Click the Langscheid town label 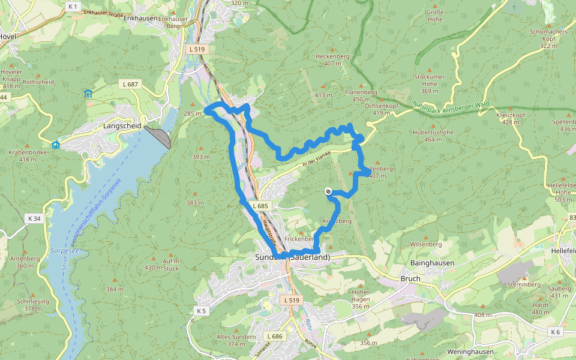(x=122, y=126)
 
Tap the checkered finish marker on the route (x=328, y=191)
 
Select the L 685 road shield (x=260, y=206)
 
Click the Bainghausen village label (x=432, y=263)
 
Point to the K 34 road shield (x=34, y=218)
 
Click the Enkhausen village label (x=140, y=19)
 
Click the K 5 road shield (x=200, y=311)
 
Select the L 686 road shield (x=274, y=337)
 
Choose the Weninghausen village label (x=470, y=352)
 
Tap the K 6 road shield (x=555, y=332)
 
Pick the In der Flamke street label (x=316, y=158)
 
